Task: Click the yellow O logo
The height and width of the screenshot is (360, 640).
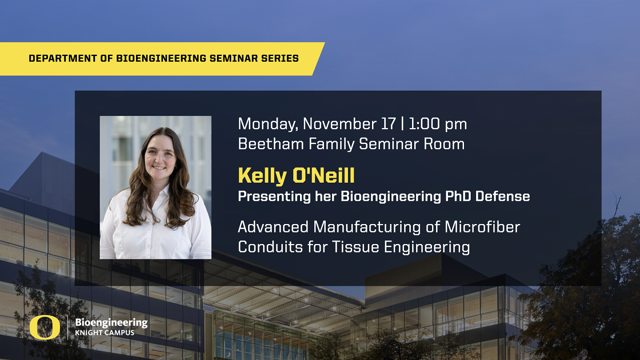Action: point(44,328)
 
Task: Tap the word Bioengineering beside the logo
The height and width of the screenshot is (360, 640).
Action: point(111,323)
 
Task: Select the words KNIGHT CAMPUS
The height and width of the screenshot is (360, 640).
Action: point(104,333)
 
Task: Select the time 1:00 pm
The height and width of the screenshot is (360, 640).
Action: point(438,124)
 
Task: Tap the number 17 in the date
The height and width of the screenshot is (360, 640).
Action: point(388,124)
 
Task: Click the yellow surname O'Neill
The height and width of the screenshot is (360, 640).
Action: point(324,176)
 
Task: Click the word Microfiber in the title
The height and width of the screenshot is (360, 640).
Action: point(482,227)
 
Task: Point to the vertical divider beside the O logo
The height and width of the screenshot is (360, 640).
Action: point(68,328)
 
